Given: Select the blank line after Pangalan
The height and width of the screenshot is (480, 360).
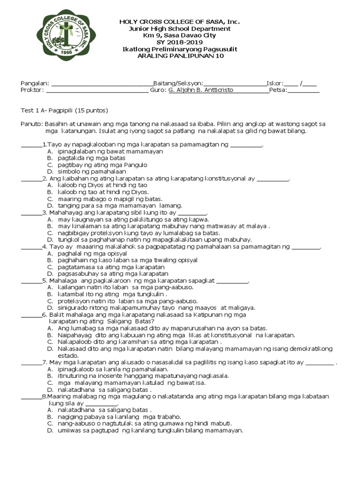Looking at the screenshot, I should pyautogui.click(x=102, y=84).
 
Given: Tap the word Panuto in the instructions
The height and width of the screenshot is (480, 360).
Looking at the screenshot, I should pyautogui.click(x=31, y=124).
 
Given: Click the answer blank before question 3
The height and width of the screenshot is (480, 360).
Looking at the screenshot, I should pyautogui.click(x=31, y=212).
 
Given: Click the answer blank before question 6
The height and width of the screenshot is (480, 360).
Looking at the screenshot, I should pyautogui.click(x=31, y=315).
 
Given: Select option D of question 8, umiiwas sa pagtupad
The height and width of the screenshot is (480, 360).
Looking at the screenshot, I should pyautogui.click(x=150, y=430).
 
